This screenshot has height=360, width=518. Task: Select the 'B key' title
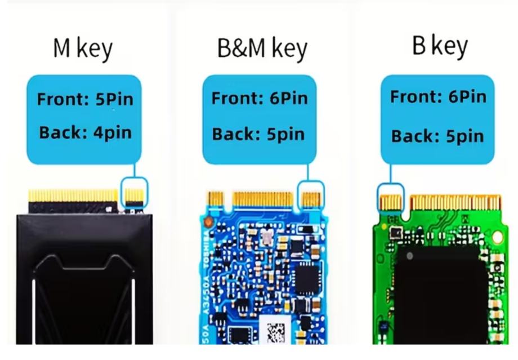coord(440,46)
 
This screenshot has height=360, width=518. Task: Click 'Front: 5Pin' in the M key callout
coord(85,100)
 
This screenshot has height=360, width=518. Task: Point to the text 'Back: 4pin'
coord(85,133)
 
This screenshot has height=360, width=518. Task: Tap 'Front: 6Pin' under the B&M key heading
coord(260,98)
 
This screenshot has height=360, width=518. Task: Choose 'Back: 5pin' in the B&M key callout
coord(259,134)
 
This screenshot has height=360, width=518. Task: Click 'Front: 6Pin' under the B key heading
coord(438,96)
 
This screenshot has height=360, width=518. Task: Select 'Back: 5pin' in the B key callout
coord(437,136)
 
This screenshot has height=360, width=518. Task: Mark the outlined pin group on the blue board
coord(311,197)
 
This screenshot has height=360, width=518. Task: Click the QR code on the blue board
coord(277,332)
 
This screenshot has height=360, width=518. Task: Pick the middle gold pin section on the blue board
coord(263,198)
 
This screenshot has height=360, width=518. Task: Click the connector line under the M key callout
coord(135,170)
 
